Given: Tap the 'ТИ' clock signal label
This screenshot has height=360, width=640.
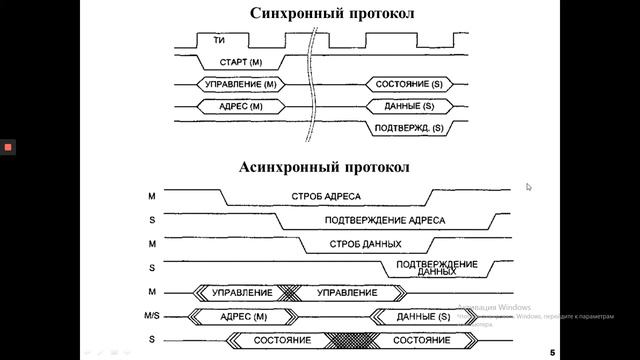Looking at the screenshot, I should click(x=218, y=41).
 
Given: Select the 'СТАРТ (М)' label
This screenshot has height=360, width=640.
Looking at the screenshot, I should click(x=232, y=62).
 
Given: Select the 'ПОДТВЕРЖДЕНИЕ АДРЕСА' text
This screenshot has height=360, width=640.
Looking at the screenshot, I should click(x=385, y=220).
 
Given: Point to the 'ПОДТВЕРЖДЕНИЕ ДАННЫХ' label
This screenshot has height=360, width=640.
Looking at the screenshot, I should click(x=436, y=267).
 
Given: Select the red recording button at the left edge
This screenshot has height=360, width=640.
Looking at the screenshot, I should click(x=8, y=147).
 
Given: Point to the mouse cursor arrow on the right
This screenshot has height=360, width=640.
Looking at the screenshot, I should click(x=529, y=187).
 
